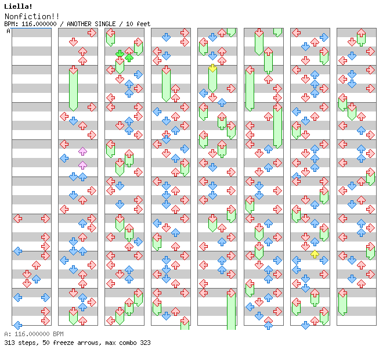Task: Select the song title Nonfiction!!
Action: [x=32, y=16]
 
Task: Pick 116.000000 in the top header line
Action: [x=41, y=24]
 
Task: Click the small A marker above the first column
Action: [x=9, y=31]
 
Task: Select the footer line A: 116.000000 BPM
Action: [x=34, y=334]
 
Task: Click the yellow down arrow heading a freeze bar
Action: [x=213, y=69]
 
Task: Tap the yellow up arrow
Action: [x=315, y=254]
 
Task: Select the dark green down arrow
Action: [x=120, y=54]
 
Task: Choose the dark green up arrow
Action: [x=129, y=57]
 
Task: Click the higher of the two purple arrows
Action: [x=82, y=152]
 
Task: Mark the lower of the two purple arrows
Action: [x=82, y=165]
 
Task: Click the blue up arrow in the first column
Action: [x=36, y=279]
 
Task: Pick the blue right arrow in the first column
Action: [x=45, y=297]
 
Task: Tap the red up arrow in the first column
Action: [x=36, y=265]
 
